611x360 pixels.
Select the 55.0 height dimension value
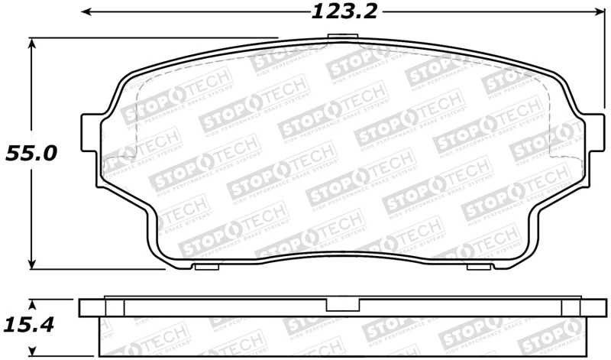point(31,153)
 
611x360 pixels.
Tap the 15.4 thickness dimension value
point(31,325)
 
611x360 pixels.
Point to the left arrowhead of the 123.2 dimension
point(86,12)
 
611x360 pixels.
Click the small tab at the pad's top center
point(338,40)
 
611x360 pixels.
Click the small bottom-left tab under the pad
point(208,267)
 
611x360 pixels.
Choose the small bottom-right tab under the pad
point(478,267)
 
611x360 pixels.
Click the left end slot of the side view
point(113,307)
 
